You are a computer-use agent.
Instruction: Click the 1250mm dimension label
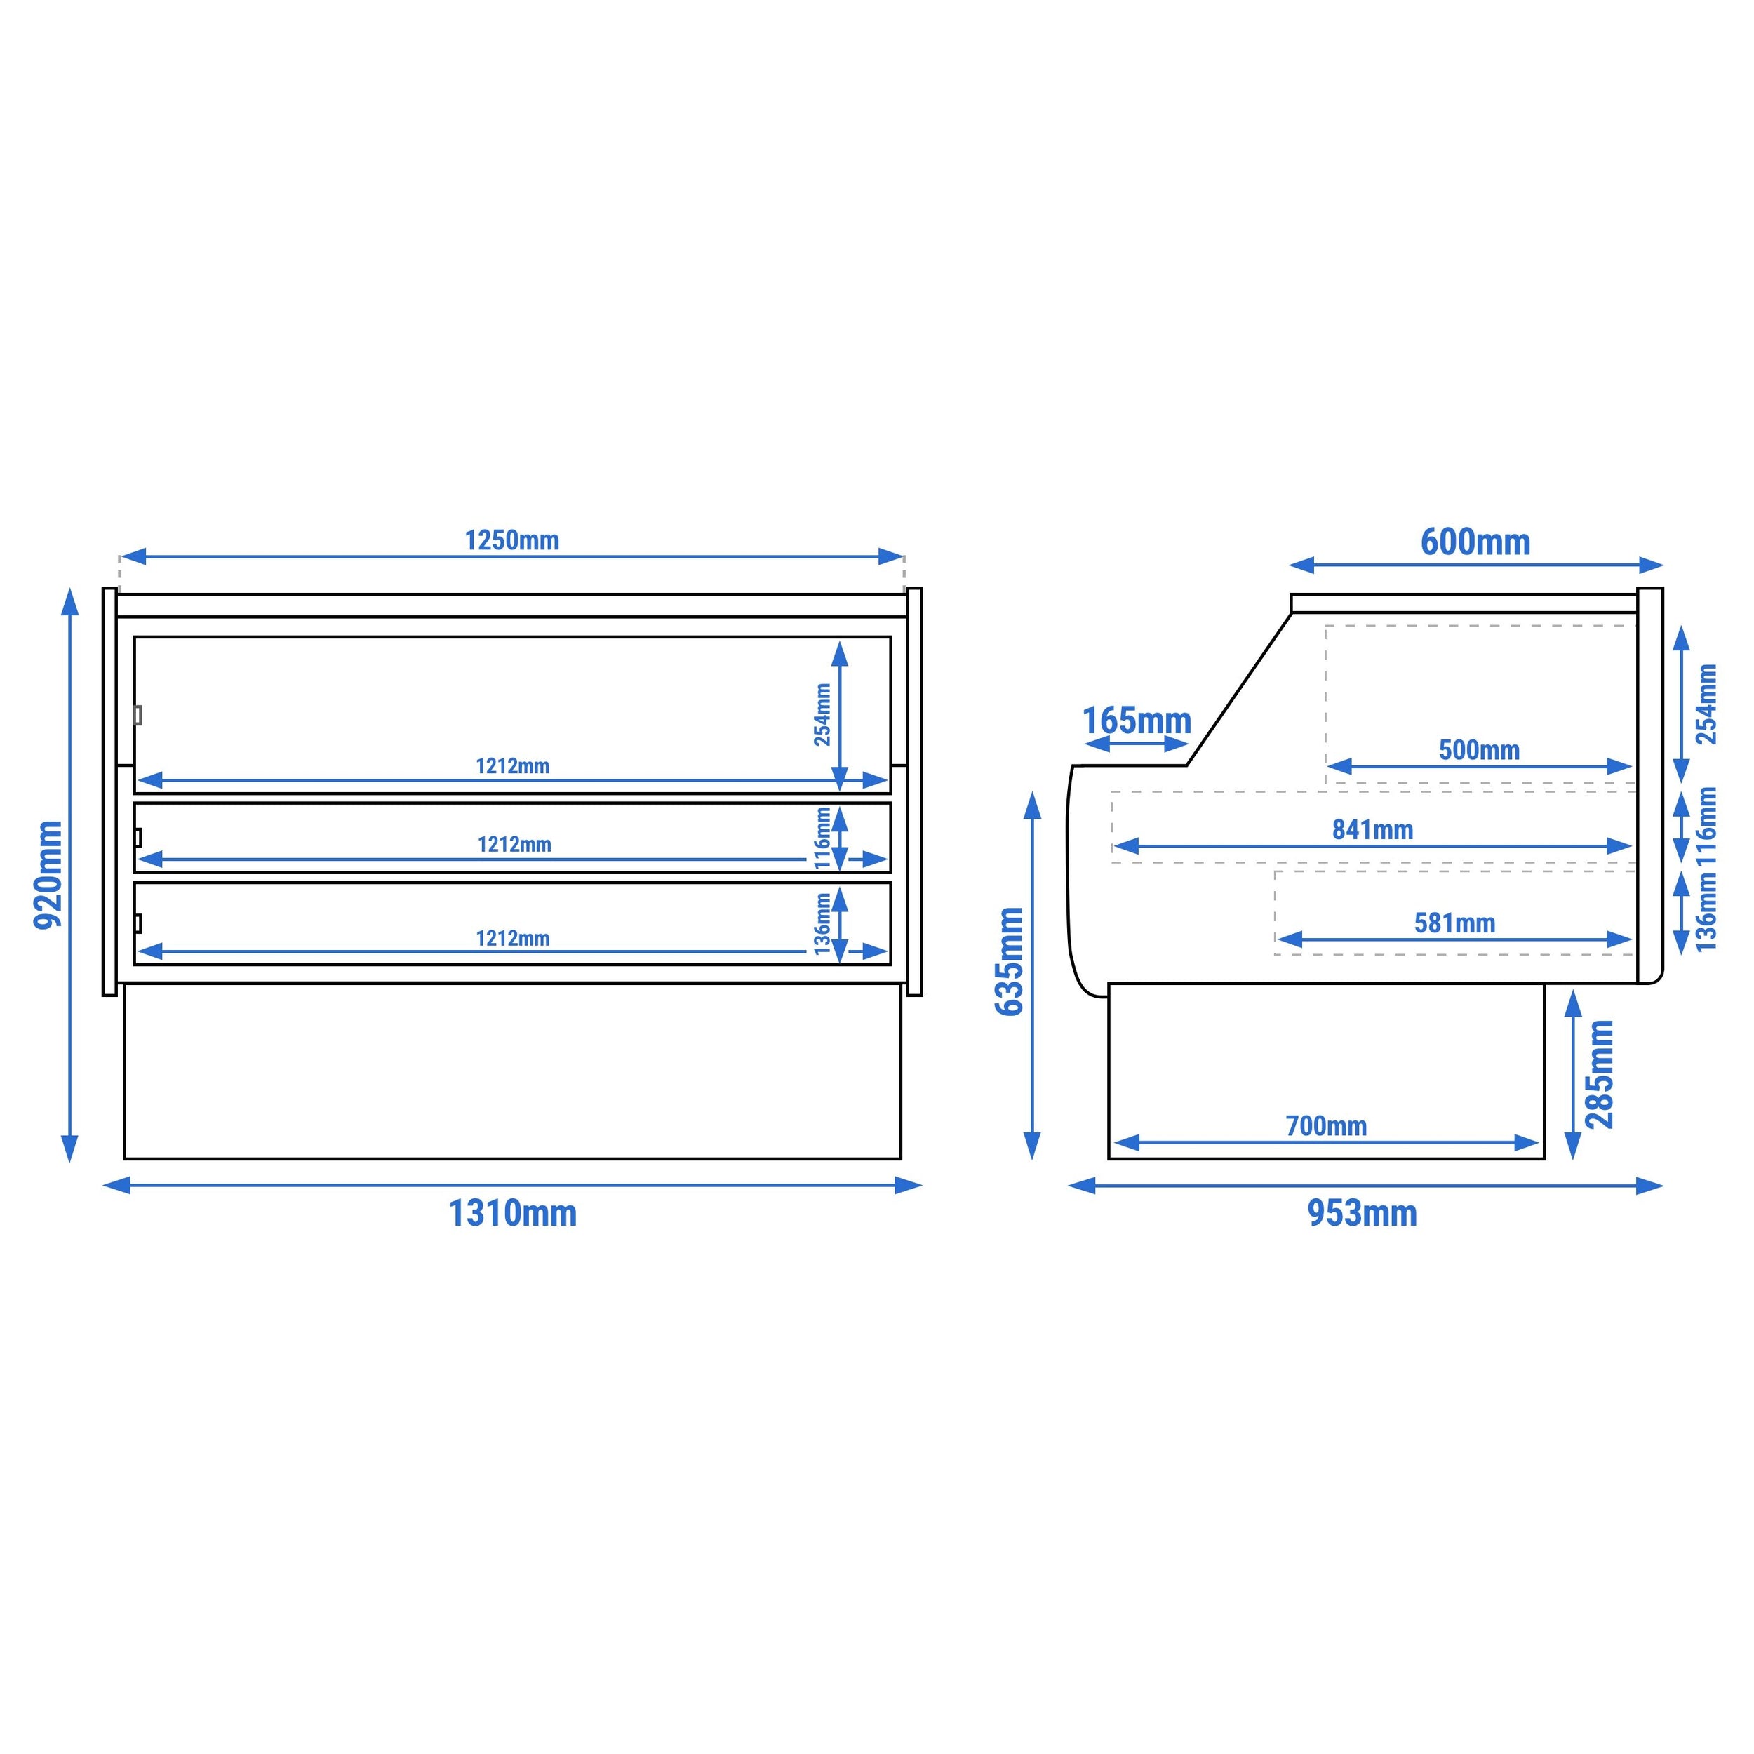click(x=512, y=540)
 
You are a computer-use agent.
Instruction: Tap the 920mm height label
click(x=48, y=874)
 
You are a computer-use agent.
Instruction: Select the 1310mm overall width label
click(x=513, y=1213)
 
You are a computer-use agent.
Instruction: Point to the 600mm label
click(x=1475, y=542)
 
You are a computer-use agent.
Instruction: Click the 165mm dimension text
click(x=1137, y=721)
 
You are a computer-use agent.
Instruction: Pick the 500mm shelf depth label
click(x=1479, y=750)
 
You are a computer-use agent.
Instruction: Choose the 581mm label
click(x=1454, y=923)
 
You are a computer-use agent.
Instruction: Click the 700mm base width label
click(x=1325, y=1126)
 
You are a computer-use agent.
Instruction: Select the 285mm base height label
click(x=1599, y=1074)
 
